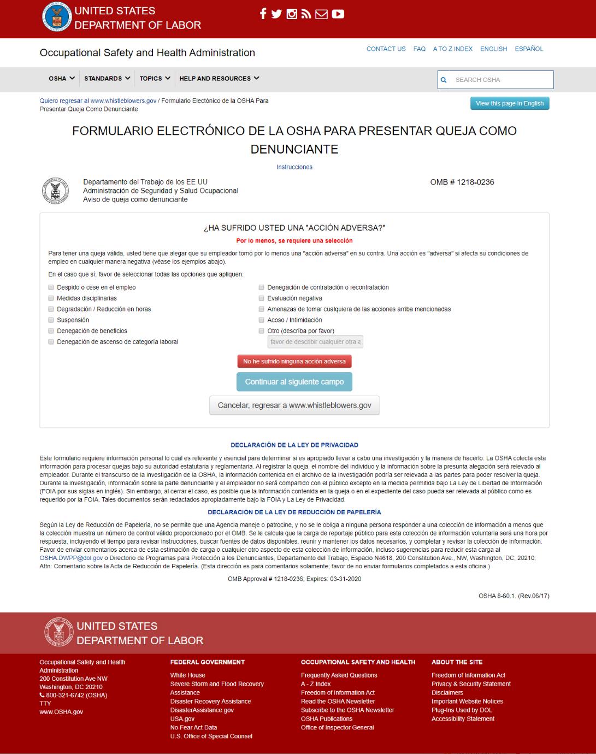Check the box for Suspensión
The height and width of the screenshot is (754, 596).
[51, 320]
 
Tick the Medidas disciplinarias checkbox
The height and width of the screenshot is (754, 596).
[51, 298]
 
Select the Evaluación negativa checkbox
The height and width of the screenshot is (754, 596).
[262, 298]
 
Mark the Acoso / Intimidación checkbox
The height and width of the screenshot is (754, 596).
[262, 320]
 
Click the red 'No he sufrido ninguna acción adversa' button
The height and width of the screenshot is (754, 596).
[294, 361]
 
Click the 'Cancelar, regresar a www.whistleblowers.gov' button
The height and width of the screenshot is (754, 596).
[294, 405]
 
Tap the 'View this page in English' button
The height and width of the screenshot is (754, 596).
[509, 103]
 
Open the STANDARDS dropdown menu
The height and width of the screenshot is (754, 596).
[107, 79]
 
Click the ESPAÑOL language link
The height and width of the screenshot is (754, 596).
[529, 49]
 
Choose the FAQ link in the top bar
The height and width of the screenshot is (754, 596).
[420, 49]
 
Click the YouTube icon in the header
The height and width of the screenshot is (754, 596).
[338, 14]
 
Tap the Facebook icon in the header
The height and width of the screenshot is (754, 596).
[263, 14]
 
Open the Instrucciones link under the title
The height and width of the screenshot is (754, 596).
[294, 167]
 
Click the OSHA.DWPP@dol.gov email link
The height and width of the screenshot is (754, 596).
[71, 558]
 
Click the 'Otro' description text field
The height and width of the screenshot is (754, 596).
[315, 342]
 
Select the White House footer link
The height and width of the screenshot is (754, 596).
[187, 675]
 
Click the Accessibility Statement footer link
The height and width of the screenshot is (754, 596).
[463, 719]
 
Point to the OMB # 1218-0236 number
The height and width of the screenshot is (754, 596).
[462, 182]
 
